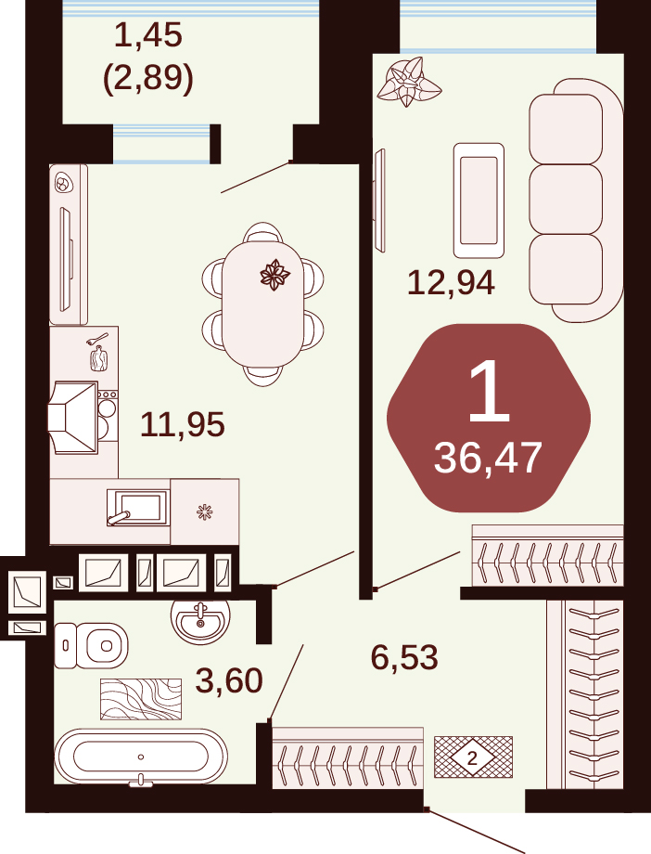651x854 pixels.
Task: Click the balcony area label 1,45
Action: [x=148, y=36]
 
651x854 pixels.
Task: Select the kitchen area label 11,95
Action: [x=183, y=424]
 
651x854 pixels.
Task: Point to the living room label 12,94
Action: [x=452, y=283]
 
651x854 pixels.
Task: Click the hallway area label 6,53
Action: [x=404, y=657]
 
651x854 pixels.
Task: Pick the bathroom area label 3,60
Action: [x=229, y=680]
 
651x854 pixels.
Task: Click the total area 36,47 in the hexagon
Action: [x=488, y=458]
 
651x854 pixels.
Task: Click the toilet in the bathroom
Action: [x=91, y=645]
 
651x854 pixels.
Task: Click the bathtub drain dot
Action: [x=141, y=757]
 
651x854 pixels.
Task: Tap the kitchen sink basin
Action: [x=140, y=507]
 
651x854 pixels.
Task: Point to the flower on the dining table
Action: [x=274, y=274]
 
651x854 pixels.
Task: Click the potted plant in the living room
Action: [x=409, y=83]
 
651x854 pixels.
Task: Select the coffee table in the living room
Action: [x=479, y=201]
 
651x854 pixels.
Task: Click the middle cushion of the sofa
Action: [x=566, y=200]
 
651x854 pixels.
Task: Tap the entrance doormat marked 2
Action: [x=473, y=757]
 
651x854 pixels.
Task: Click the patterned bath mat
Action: [x=141, y=699]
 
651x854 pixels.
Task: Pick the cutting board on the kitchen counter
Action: [x=99, y=357]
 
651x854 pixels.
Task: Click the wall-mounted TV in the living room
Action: [x=379, y=200]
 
